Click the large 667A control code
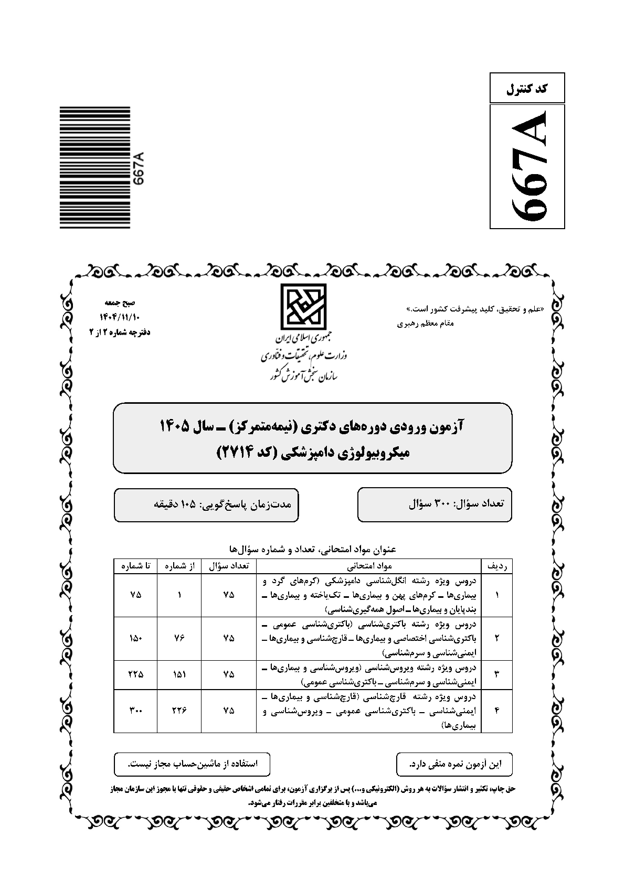(527, 166)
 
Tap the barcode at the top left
(94, 167)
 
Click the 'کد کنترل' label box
(527, 88)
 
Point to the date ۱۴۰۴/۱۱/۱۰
(120, 317)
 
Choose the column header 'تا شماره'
(135, 566)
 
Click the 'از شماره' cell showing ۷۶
(179, 639)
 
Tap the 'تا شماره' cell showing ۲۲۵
(135, 674)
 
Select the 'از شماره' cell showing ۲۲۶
(179, 711)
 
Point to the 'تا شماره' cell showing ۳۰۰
(135, 711)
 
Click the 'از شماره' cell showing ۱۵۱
(179, 674)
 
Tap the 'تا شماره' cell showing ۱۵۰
(135, 639)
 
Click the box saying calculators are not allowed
(192, 764)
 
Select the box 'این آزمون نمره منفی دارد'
(454, 764)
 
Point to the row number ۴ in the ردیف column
(496, 711)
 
